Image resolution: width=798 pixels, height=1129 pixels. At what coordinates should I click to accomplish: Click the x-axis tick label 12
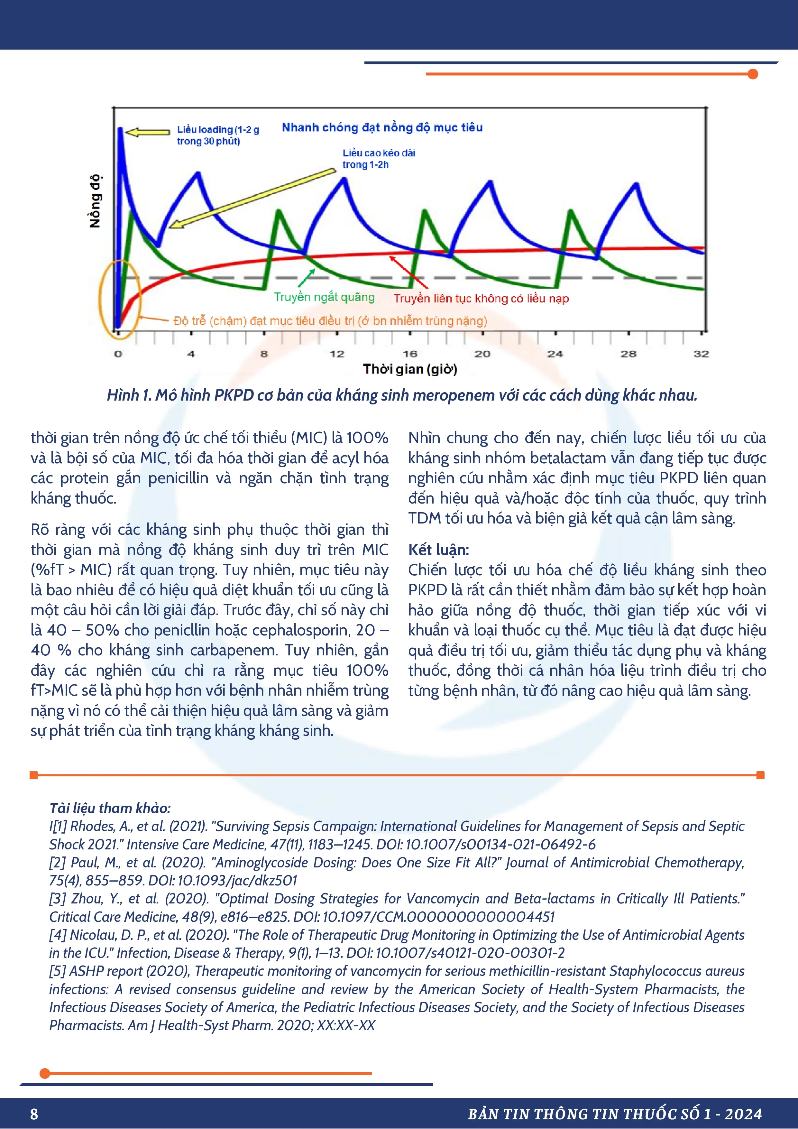337,354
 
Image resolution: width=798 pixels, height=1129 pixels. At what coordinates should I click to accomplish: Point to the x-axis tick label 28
628,354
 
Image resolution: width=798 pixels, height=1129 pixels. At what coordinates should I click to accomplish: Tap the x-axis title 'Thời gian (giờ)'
409,369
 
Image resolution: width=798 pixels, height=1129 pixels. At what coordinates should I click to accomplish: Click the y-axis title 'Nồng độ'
95,201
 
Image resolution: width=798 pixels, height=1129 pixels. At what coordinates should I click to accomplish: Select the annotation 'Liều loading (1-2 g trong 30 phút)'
218,135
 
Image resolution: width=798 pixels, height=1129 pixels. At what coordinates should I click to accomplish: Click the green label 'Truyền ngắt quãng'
324,297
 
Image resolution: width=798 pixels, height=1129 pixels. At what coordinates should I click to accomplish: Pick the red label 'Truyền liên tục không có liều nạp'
481,299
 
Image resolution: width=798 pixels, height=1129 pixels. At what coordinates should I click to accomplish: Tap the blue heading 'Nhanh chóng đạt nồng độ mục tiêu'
382,128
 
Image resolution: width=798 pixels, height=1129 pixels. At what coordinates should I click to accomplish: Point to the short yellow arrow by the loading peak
147,132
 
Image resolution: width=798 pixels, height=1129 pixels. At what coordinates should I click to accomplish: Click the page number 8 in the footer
34,1114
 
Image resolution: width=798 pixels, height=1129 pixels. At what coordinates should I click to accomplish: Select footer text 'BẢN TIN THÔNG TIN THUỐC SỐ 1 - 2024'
615,1114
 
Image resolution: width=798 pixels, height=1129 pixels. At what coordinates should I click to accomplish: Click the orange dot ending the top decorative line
752,74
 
